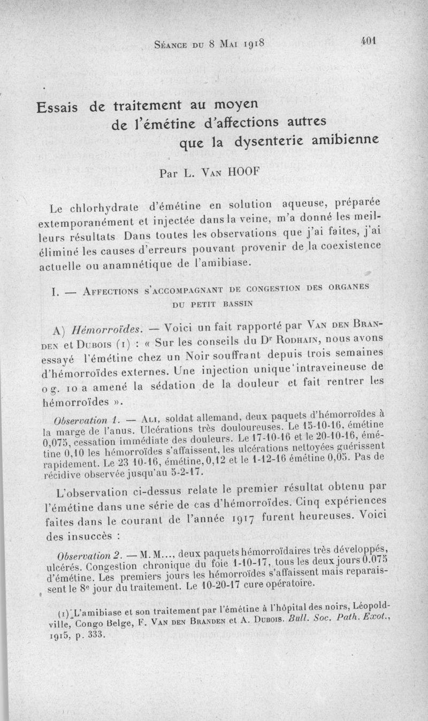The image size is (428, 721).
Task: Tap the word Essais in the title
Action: [x=57, y=107]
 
